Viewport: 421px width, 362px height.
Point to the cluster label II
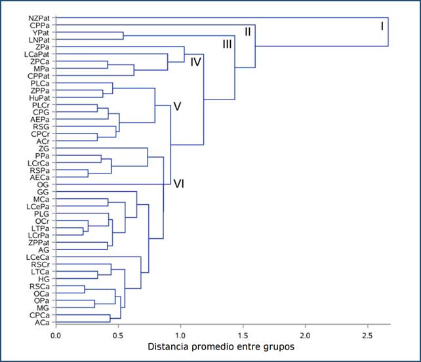coord(247,31)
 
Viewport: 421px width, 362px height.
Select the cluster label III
coord(227,45)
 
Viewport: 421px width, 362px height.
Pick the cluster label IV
coord(195,62)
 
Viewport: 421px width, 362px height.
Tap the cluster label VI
coord(178,184)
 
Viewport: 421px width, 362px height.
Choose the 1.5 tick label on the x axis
coord(243,336)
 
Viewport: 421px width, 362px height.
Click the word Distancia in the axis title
coord(169,347)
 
